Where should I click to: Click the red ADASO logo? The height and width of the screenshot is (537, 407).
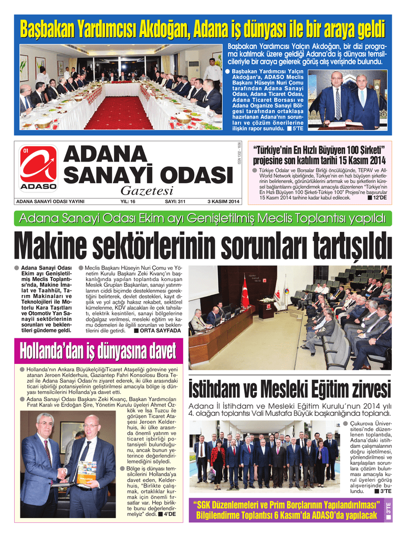coord(38,167)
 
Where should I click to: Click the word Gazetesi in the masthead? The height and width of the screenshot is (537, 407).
coord(147,191)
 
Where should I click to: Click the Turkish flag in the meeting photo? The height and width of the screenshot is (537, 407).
coord(245,292)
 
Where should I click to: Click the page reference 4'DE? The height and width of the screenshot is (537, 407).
coord(169,514)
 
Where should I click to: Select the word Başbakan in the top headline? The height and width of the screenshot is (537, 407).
coord(44,29)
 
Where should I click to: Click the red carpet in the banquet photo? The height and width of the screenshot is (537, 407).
coord(111,113)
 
